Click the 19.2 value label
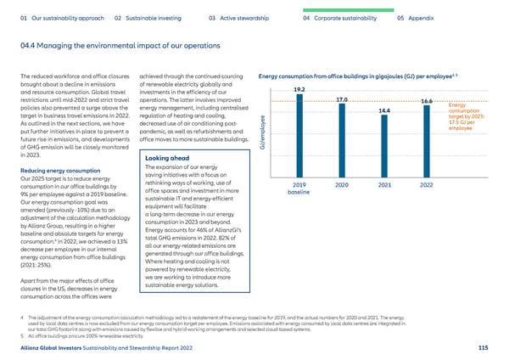299,89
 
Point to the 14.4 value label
383,110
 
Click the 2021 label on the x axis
383,161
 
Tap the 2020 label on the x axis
342,161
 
